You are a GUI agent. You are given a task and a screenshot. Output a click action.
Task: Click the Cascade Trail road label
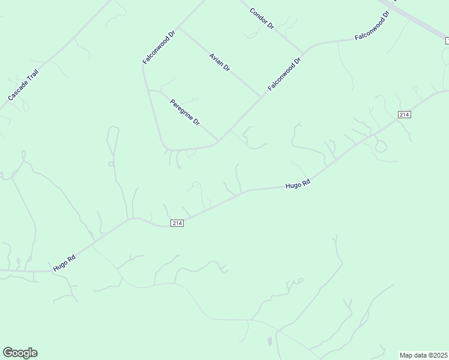(x=23, y=84)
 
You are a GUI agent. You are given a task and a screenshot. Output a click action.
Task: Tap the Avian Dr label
(x=220, y=62)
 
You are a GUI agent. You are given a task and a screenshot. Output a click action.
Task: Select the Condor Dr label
(x=262, y=18)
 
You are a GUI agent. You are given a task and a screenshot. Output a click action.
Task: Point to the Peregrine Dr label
(x=184, y=112)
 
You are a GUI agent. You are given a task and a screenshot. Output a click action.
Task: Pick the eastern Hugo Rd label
(x=298, y=185)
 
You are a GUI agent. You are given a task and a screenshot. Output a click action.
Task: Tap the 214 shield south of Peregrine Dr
(x=176, y=223)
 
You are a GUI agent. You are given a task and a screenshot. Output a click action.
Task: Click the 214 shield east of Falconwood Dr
(x=404, y=115)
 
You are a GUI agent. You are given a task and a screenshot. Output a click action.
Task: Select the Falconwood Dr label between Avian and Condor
(x=284, y=74)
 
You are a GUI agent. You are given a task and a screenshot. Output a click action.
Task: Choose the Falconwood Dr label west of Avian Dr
(x=158, y=45)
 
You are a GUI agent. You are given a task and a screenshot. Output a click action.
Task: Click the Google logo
(x=20, y=353)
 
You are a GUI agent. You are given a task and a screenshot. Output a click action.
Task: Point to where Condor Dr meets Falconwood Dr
(x=303, y=52)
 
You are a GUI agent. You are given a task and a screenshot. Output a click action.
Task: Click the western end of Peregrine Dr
(x=148, y=91)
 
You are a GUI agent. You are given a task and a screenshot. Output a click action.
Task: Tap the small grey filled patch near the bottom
(x=269, y=341)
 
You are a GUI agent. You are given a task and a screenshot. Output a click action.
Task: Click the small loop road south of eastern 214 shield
(x=380, y=146)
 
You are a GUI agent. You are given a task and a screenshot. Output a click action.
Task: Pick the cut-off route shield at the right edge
(x=447, y=40)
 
